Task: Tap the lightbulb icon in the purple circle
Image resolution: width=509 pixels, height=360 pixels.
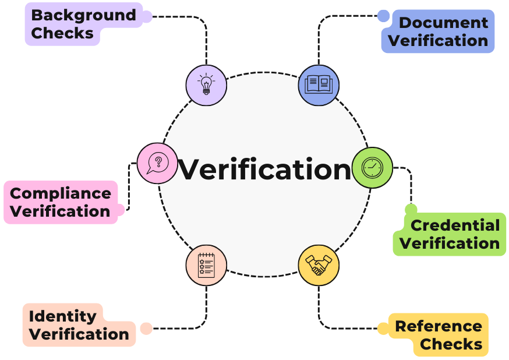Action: (x=206, y=85)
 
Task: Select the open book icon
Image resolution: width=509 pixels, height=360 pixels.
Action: (x=319, y=85)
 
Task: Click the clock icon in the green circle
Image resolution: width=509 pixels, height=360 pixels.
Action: (x=373, y=168)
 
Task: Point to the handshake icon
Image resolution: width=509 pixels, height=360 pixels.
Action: (x=319, y=265)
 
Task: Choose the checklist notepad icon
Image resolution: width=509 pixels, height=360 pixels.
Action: (x=206, y=265)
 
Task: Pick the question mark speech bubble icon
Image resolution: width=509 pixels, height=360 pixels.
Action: (x=157, y=163)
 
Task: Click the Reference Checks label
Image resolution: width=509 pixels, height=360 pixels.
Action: (x=439, y=335)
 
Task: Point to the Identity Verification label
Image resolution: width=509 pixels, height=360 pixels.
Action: (x=79, y=325)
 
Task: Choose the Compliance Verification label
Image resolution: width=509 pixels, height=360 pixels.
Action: (x=61, y=202)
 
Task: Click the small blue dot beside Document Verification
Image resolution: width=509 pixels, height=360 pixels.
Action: (x=383, y=16)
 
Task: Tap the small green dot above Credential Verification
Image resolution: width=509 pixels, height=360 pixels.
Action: (x=411, y=209)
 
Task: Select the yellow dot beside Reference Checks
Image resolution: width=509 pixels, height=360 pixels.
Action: (x=383, y=329)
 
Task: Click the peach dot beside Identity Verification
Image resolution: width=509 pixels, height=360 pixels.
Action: (x=146, y=329)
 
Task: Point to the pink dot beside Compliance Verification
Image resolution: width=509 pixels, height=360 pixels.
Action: (x=120, y=209)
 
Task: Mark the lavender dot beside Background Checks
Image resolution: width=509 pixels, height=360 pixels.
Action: (x=146, y=16)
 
